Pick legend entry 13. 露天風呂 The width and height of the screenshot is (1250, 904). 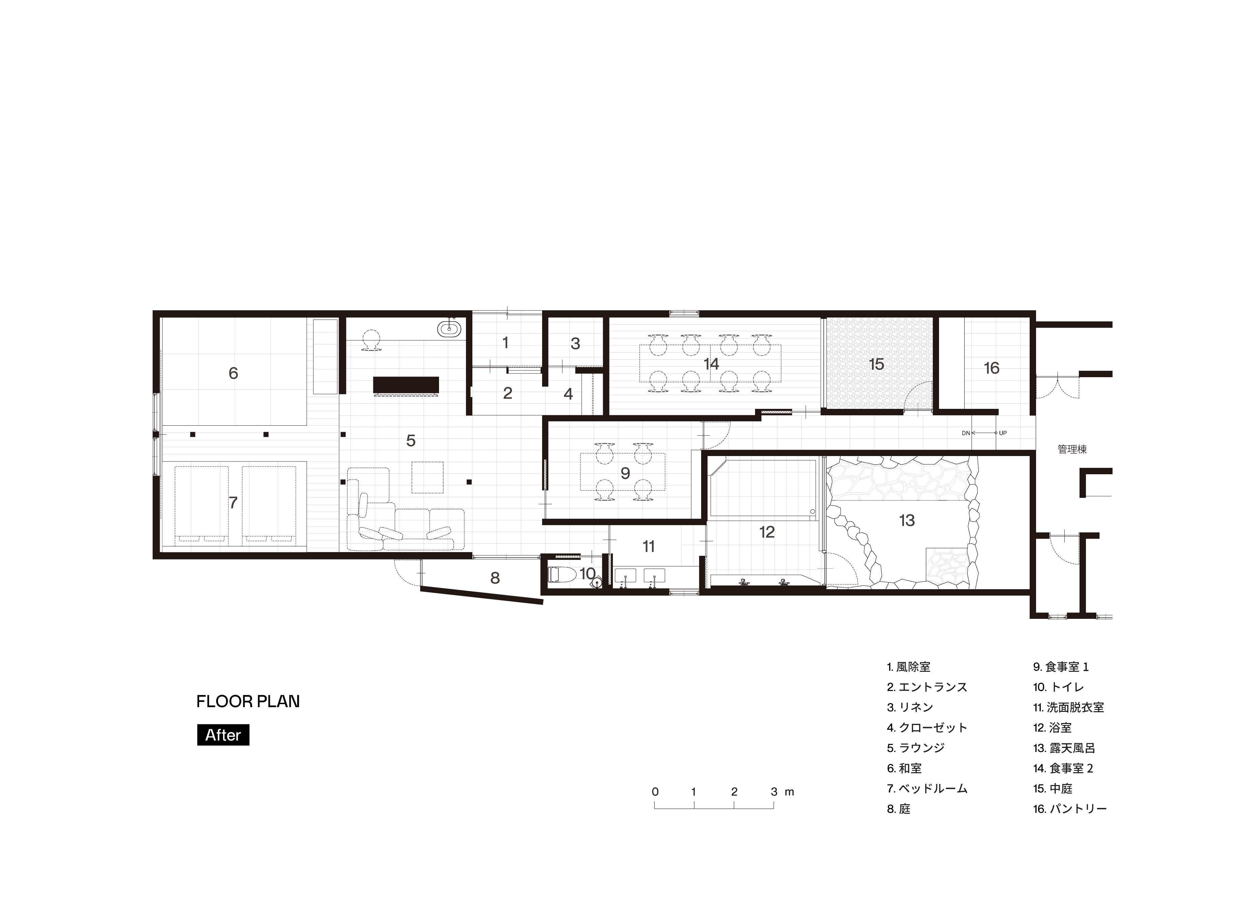coord(1064,748)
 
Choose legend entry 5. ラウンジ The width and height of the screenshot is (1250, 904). coord(915,748)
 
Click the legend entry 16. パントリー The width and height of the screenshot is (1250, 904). coord(1070,809)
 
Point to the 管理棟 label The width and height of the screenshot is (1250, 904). coord(1072,449)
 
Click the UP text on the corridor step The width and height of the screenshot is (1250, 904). coord(1003,433)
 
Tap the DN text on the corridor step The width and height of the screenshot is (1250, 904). coord(966,433)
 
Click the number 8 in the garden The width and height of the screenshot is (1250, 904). coord(495,578)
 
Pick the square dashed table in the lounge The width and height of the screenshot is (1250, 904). coord(428,477)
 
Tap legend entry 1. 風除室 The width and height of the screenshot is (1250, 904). coord(908,667)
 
